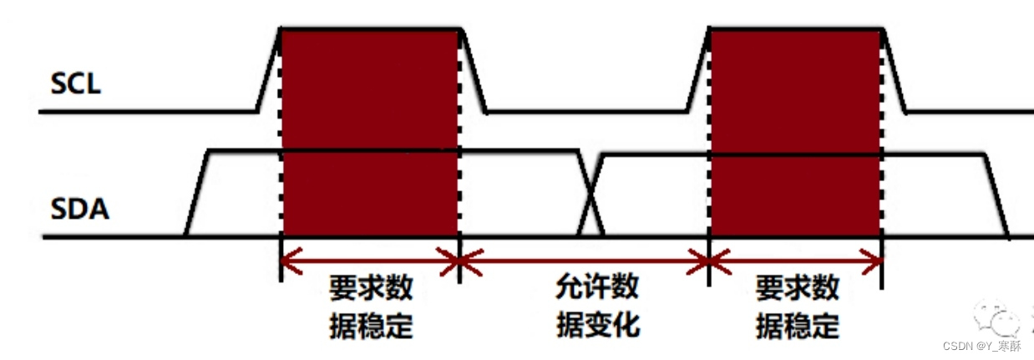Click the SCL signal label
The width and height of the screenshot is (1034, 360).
(76, 84)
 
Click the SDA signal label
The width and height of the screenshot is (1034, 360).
(80, 209)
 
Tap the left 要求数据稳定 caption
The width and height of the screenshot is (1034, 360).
(371, 307)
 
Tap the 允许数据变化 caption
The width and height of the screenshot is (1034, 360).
(597, 307)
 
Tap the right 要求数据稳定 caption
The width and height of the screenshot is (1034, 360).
(797, 307)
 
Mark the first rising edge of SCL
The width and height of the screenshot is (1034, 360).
(268, 70)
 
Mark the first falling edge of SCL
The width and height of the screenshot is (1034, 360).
(474, 70)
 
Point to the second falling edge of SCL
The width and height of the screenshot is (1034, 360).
(895, 70)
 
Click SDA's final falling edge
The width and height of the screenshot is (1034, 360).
(996, 195)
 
